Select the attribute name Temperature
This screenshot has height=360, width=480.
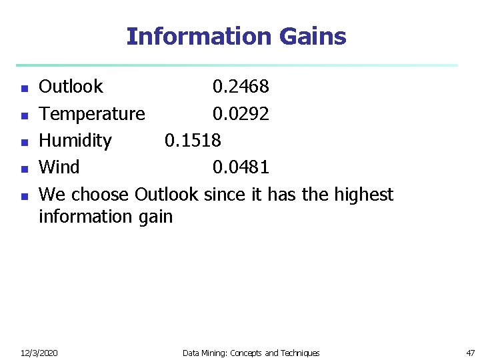tap(91, 114)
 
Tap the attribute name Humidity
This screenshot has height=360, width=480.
tap(75, 141)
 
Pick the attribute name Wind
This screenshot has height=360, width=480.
tap(59, 167)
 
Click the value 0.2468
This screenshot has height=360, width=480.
tap(241, 87)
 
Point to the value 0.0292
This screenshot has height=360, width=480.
tap(241, 114)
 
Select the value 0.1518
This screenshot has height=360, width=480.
tap(193, 141)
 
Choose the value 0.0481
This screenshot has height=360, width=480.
tap(241, 167)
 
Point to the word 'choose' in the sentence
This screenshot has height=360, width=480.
tap(100, 195)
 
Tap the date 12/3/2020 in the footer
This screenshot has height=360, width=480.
tap(39, 353)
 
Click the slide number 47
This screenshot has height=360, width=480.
tap(471, 353)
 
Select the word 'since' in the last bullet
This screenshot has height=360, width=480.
tap(223, 195)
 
